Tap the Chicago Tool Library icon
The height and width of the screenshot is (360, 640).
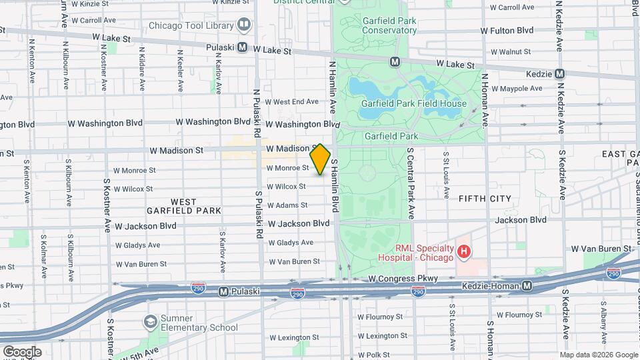point(244,26)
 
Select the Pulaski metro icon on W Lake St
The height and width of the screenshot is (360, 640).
point(242,48)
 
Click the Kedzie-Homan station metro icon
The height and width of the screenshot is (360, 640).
point(527,286)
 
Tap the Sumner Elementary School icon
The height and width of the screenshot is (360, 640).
point(151,322)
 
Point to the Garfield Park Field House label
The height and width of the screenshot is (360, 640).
point(413,103)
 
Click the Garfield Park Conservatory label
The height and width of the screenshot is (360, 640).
point(389,25)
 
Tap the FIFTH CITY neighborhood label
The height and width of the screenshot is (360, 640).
point(485,199)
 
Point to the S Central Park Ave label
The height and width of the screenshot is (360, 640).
point(411,184)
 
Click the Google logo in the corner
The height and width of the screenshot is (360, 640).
point(22,351)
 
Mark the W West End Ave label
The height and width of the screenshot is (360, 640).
point(292,102)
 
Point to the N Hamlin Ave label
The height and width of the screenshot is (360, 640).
point(331,86)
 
